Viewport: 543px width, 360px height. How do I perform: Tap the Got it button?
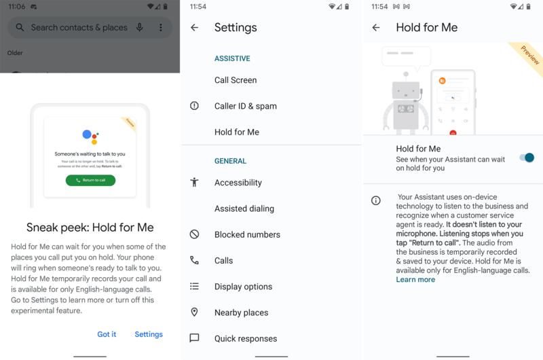tap(107, 334)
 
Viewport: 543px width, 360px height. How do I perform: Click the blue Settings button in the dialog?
tap(149, 334)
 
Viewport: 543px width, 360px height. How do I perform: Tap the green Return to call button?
tap(90, 180)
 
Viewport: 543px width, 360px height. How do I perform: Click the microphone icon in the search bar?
tap(140, 28)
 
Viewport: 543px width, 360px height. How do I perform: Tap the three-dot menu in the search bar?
tap(161, 28)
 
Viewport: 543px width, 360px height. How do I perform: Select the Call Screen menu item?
tap(236, 80)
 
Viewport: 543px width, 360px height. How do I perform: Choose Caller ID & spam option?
tap(245, 106)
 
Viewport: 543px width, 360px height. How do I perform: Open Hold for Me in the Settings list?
tap(236, 132)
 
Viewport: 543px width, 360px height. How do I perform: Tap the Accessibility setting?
tap(238, 183)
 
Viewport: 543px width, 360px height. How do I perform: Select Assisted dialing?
tap(244, 209)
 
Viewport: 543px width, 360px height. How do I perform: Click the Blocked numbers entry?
tap(247, 234)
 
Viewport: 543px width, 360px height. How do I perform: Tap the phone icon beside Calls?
tap(195, 260)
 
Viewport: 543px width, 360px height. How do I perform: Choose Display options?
tap(244, 287)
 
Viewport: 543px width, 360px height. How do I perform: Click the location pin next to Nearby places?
tap(195, 312)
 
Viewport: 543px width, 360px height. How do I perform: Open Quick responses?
tap(245, 338)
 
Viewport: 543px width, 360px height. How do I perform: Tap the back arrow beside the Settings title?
tap(195, 28)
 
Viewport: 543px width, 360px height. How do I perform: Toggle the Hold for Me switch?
tap(527, 158)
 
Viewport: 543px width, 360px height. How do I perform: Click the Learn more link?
tap(415, 279)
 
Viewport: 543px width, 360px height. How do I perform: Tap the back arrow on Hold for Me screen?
tap(376, 28)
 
